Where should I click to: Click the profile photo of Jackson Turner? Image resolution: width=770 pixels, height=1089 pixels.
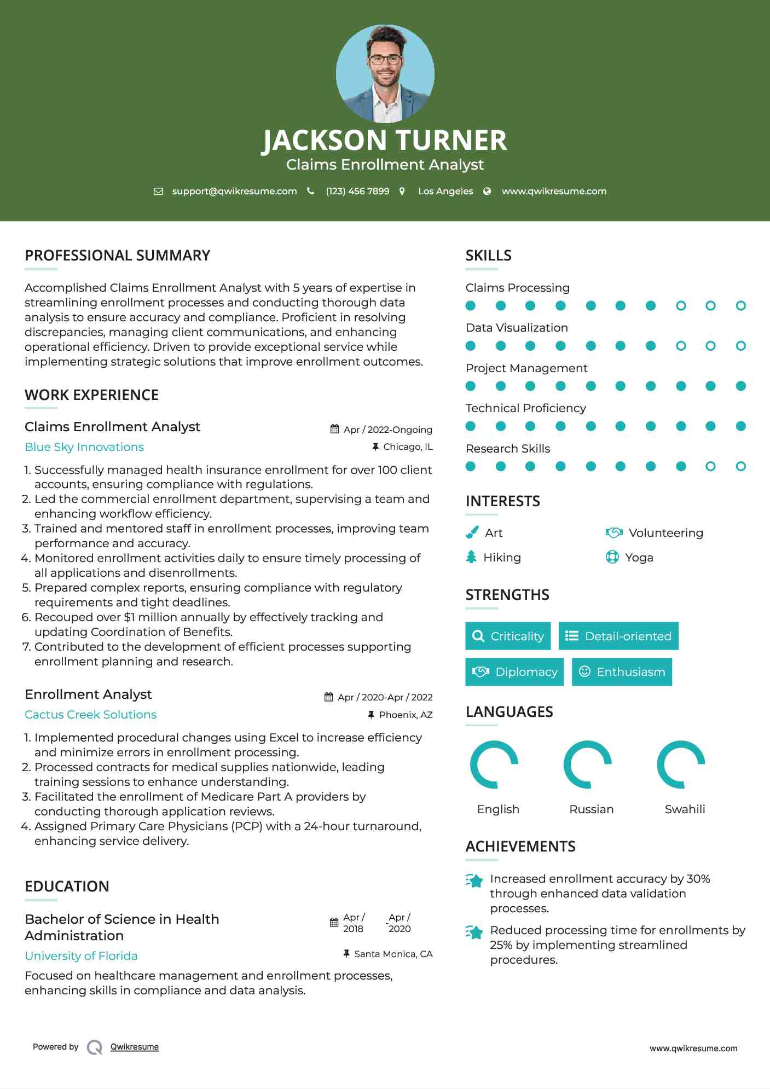[385, 73]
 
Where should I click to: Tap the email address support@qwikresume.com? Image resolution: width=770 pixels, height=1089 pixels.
[234, 191]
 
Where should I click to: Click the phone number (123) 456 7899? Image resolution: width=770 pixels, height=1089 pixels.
[357, 191]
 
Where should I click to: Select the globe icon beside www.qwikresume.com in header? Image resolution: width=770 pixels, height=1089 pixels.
[487, 191]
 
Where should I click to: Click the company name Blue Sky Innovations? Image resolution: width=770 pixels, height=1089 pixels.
[84, 447]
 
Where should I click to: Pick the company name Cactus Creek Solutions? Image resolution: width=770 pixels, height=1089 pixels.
[90, 715]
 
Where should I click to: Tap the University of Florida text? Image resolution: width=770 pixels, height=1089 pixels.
[81, 956]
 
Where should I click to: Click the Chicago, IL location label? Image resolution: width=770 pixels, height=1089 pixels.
[408, 447]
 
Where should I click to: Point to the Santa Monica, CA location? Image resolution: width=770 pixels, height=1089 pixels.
[393, 954]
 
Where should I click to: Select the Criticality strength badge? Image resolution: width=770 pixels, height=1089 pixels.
[508, 636]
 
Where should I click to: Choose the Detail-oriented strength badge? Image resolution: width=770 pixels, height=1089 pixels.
[618, 636]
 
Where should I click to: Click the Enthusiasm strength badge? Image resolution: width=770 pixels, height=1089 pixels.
[622, 672]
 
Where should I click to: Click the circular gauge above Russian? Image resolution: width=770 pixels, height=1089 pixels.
[588, 764]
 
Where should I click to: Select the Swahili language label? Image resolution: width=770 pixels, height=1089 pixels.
[685, 809]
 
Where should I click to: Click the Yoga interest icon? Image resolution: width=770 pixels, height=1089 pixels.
[612, 557]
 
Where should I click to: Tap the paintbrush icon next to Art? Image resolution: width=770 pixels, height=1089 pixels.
[472, 532]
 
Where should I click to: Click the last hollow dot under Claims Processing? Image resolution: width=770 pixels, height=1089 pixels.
[740, 305]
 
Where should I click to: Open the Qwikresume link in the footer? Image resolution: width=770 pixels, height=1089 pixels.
[135, 1047]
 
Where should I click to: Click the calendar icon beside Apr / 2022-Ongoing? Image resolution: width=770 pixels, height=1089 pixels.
[335, 429]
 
